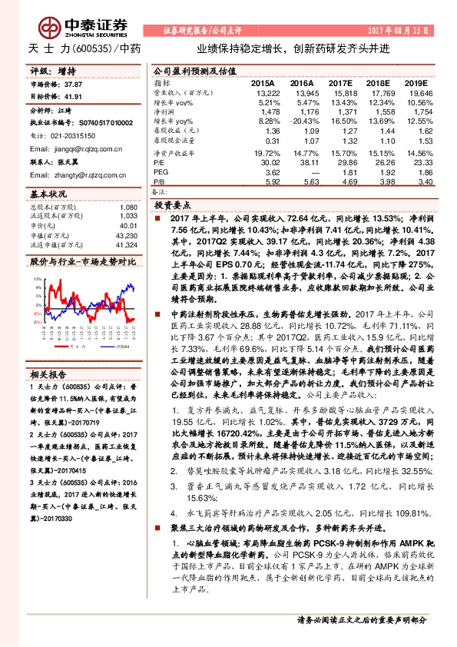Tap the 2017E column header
339,82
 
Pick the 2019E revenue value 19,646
415,91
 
